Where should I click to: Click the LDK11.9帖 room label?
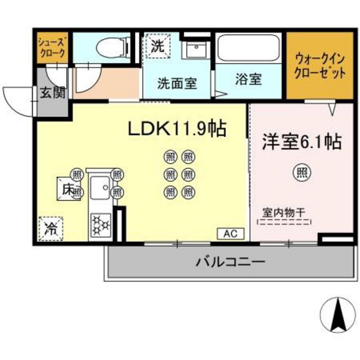tap(176, 129)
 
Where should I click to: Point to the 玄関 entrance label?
tap(53, 91)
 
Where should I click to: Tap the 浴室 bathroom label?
tap(248, 81)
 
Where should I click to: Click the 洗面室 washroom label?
tap(177, 83)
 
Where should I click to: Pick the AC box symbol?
tap(230, 234)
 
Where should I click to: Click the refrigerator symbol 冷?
tap(50, 227)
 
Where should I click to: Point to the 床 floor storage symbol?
tap(69, 190)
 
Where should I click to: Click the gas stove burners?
tap(100, 225)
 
